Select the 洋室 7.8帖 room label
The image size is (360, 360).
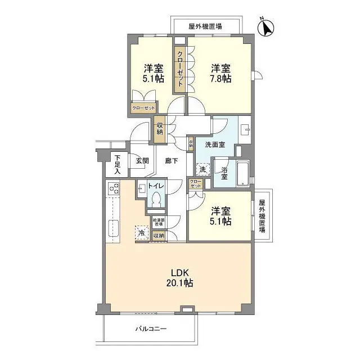tap(221, 73)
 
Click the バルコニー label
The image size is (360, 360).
tap(150, 328)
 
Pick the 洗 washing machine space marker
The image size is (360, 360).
tap(202, 168)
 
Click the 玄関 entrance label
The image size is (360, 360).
tap(142, 160)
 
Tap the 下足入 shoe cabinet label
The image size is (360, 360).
tap(117, 164)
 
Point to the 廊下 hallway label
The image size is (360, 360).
tap(172, 160)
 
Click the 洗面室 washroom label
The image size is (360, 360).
tap(214, 145)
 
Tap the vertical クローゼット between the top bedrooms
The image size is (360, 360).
tap(180, 70)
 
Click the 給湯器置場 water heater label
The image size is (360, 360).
tap(157, 222)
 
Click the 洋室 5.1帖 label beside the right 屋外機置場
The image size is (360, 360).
tap(221, 217)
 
